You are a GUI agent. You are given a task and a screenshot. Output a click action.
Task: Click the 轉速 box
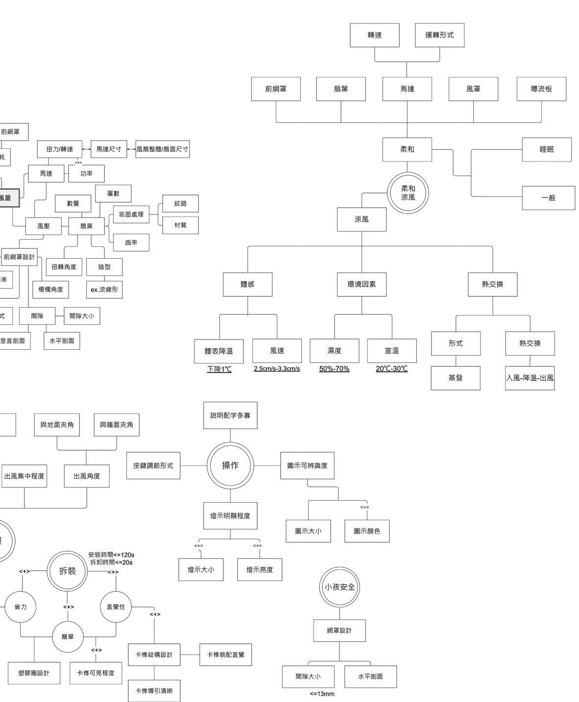(375, 35)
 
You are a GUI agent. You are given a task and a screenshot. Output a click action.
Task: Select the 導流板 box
(541, 89)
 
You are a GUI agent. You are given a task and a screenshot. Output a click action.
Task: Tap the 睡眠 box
(547, 149)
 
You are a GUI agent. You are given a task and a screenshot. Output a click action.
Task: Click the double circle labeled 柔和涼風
(408, 193)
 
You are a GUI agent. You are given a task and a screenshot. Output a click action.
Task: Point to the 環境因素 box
(362, 284)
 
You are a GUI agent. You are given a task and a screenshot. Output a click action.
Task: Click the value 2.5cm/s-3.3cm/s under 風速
(277, 369)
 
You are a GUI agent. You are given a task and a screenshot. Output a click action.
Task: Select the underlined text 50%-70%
(334, 369)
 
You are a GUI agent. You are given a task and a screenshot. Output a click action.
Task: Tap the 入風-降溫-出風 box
(530, 378)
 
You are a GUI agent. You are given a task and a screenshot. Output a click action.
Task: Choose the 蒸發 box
(456, 378)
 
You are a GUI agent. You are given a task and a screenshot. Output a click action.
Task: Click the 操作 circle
(230, 465)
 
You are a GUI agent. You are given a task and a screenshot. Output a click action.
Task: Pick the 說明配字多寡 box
(230, 415)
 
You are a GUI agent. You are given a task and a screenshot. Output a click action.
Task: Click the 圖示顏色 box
(367, 531)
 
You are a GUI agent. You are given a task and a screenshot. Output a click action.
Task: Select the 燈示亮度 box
(260, 570)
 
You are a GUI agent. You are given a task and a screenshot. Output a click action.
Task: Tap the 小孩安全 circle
(339, 587)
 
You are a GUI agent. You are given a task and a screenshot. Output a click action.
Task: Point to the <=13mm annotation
(322, 694)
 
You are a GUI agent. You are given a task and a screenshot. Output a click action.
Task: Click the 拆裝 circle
(68, 571)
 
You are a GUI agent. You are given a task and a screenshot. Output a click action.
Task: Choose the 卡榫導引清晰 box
(154, 691)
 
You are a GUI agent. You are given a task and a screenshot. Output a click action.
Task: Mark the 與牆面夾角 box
(117, 425)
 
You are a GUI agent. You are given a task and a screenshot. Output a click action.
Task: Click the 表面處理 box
(131, 214)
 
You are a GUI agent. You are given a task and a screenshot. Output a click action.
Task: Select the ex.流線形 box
(104, 290)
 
